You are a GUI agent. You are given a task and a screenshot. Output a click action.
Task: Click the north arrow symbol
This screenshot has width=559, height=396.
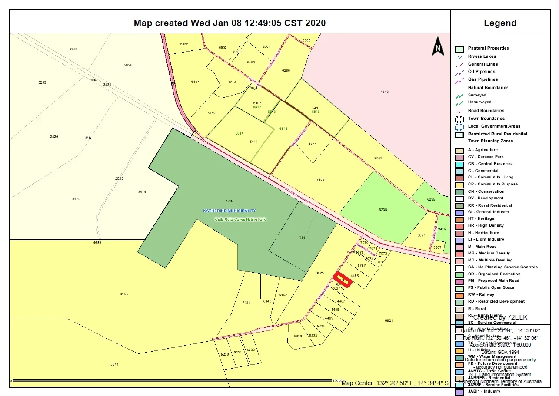point(438,46)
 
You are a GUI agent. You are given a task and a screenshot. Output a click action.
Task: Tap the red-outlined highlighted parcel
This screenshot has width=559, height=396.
point(343,279)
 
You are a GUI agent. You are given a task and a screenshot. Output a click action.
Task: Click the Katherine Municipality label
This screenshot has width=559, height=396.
point(230,211)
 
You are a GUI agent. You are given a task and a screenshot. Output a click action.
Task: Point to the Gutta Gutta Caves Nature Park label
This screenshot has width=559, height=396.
point(240,219)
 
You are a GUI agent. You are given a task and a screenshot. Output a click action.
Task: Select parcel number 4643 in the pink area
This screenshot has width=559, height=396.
point(384,92)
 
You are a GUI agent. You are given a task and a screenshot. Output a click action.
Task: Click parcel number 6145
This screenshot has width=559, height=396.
point(124,294)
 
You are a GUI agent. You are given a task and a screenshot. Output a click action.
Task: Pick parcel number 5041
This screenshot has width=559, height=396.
point(114,364)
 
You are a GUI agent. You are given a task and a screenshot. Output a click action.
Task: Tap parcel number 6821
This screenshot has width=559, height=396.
point(389,320)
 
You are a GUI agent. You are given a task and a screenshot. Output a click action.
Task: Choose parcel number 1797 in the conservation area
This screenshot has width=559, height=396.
point(230,201)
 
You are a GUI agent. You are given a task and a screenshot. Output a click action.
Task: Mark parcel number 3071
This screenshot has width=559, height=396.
point(421,235)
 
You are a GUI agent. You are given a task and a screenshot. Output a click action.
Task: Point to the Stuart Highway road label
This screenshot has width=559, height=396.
point(299,195)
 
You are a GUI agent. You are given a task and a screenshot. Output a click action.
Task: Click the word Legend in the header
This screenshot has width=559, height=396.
point(500,23)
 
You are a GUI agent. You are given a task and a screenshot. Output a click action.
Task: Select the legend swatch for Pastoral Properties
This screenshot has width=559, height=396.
point(459,49)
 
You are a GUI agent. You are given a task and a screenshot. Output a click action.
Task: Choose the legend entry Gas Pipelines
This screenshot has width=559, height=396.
point(482,79)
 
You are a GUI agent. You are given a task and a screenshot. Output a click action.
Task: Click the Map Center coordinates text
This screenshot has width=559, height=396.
point(395,383)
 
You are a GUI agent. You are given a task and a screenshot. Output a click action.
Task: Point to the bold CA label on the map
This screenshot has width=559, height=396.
point(88,138)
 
